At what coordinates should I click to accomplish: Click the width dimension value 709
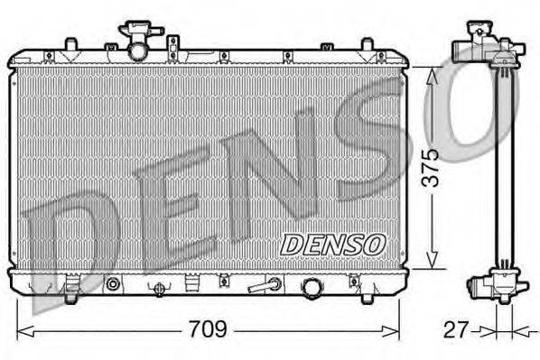coord(207,329)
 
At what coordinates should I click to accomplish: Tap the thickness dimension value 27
coord(457,329)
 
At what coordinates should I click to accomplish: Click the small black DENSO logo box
coord(333,244)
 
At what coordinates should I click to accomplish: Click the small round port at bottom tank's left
coord(113,285)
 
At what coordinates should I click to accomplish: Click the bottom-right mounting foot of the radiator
coord(369,292)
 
